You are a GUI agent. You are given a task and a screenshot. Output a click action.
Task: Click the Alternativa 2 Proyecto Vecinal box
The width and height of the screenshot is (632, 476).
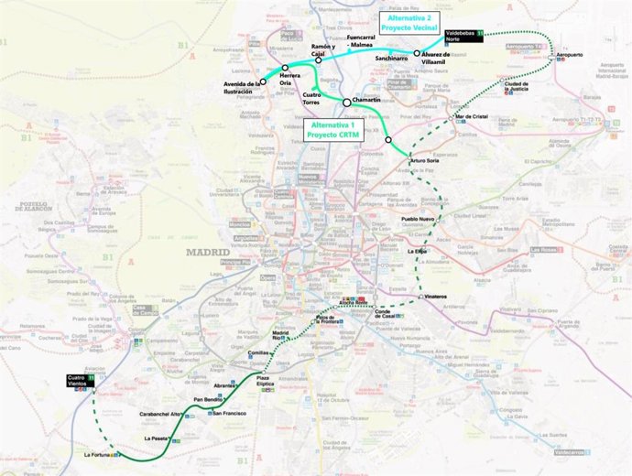click(x=409, y=24)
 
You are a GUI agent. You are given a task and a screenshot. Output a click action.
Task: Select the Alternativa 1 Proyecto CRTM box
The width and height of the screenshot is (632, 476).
click(x=334, y=130)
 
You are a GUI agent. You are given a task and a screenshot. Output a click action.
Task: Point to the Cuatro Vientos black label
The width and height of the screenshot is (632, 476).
click(x=79, y=380)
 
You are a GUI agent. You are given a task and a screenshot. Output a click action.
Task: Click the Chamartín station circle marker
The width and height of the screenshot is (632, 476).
click(x=346, y=103)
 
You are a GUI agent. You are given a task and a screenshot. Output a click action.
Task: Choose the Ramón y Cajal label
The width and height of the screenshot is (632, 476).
click(x=323, y=49)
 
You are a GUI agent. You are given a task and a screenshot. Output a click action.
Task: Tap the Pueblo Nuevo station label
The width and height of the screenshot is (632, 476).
click(x=417, y=219)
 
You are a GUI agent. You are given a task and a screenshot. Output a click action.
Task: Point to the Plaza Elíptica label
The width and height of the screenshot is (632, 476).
click(x=267, y=381)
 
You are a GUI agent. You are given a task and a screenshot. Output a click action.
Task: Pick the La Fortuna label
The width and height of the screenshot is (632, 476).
click(x=96, y=454)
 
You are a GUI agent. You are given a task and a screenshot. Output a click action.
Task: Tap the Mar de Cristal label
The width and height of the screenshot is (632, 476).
click(x=471, y=117)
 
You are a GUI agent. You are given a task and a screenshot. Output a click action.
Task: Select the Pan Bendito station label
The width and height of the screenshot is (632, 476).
click(x=206, y=400)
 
